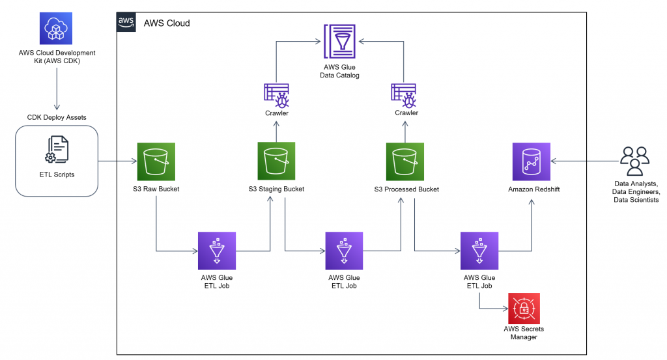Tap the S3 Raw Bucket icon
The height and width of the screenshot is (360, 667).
click(x=156, y=161)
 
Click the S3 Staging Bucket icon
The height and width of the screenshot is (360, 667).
click(x=276, y=161)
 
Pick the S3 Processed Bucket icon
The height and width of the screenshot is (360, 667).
click(x=405, y=161)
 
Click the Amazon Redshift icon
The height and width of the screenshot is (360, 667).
click(x=531, y=161)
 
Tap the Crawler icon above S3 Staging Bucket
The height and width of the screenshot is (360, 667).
click(x=276, y=94)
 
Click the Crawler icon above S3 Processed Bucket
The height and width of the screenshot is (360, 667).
click(x=405, y=94)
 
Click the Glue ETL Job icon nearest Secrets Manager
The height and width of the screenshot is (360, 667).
click(x=479, y=249)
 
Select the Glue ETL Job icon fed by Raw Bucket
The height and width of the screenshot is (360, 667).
click(x=217, y=249)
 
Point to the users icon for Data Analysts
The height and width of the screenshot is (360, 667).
click(x=634, y=160)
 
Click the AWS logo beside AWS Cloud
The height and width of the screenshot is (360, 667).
click(x=126, y=22)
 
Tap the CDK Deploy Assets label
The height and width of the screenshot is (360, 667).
click(x=57, y=117)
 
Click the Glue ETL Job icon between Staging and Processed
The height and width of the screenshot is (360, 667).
click(x=344, y=249)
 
